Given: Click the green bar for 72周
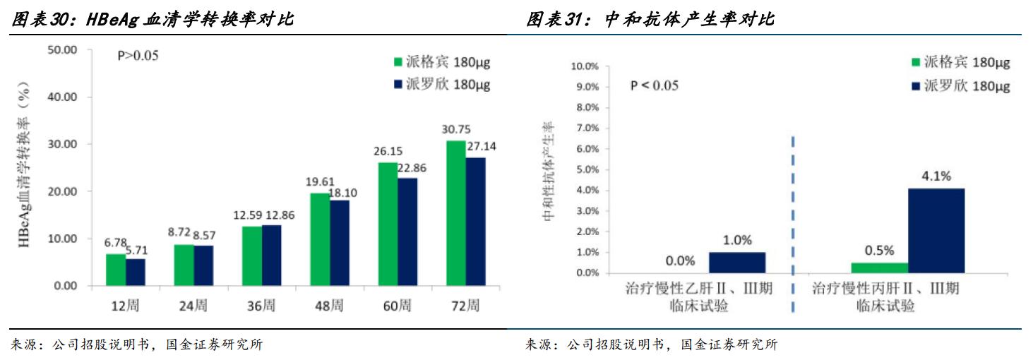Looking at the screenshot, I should [x=455, y=213].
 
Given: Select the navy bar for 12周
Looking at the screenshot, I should [x=136, y=272].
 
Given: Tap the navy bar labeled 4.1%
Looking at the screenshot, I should [x=936, y=232].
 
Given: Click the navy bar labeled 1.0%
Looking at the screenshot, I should [x=736, y=263].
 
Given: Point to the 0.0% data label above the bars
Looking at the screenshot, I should [x=680, y=261].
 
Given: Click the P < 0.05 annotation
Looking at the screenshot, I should [x=654, y=85].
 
